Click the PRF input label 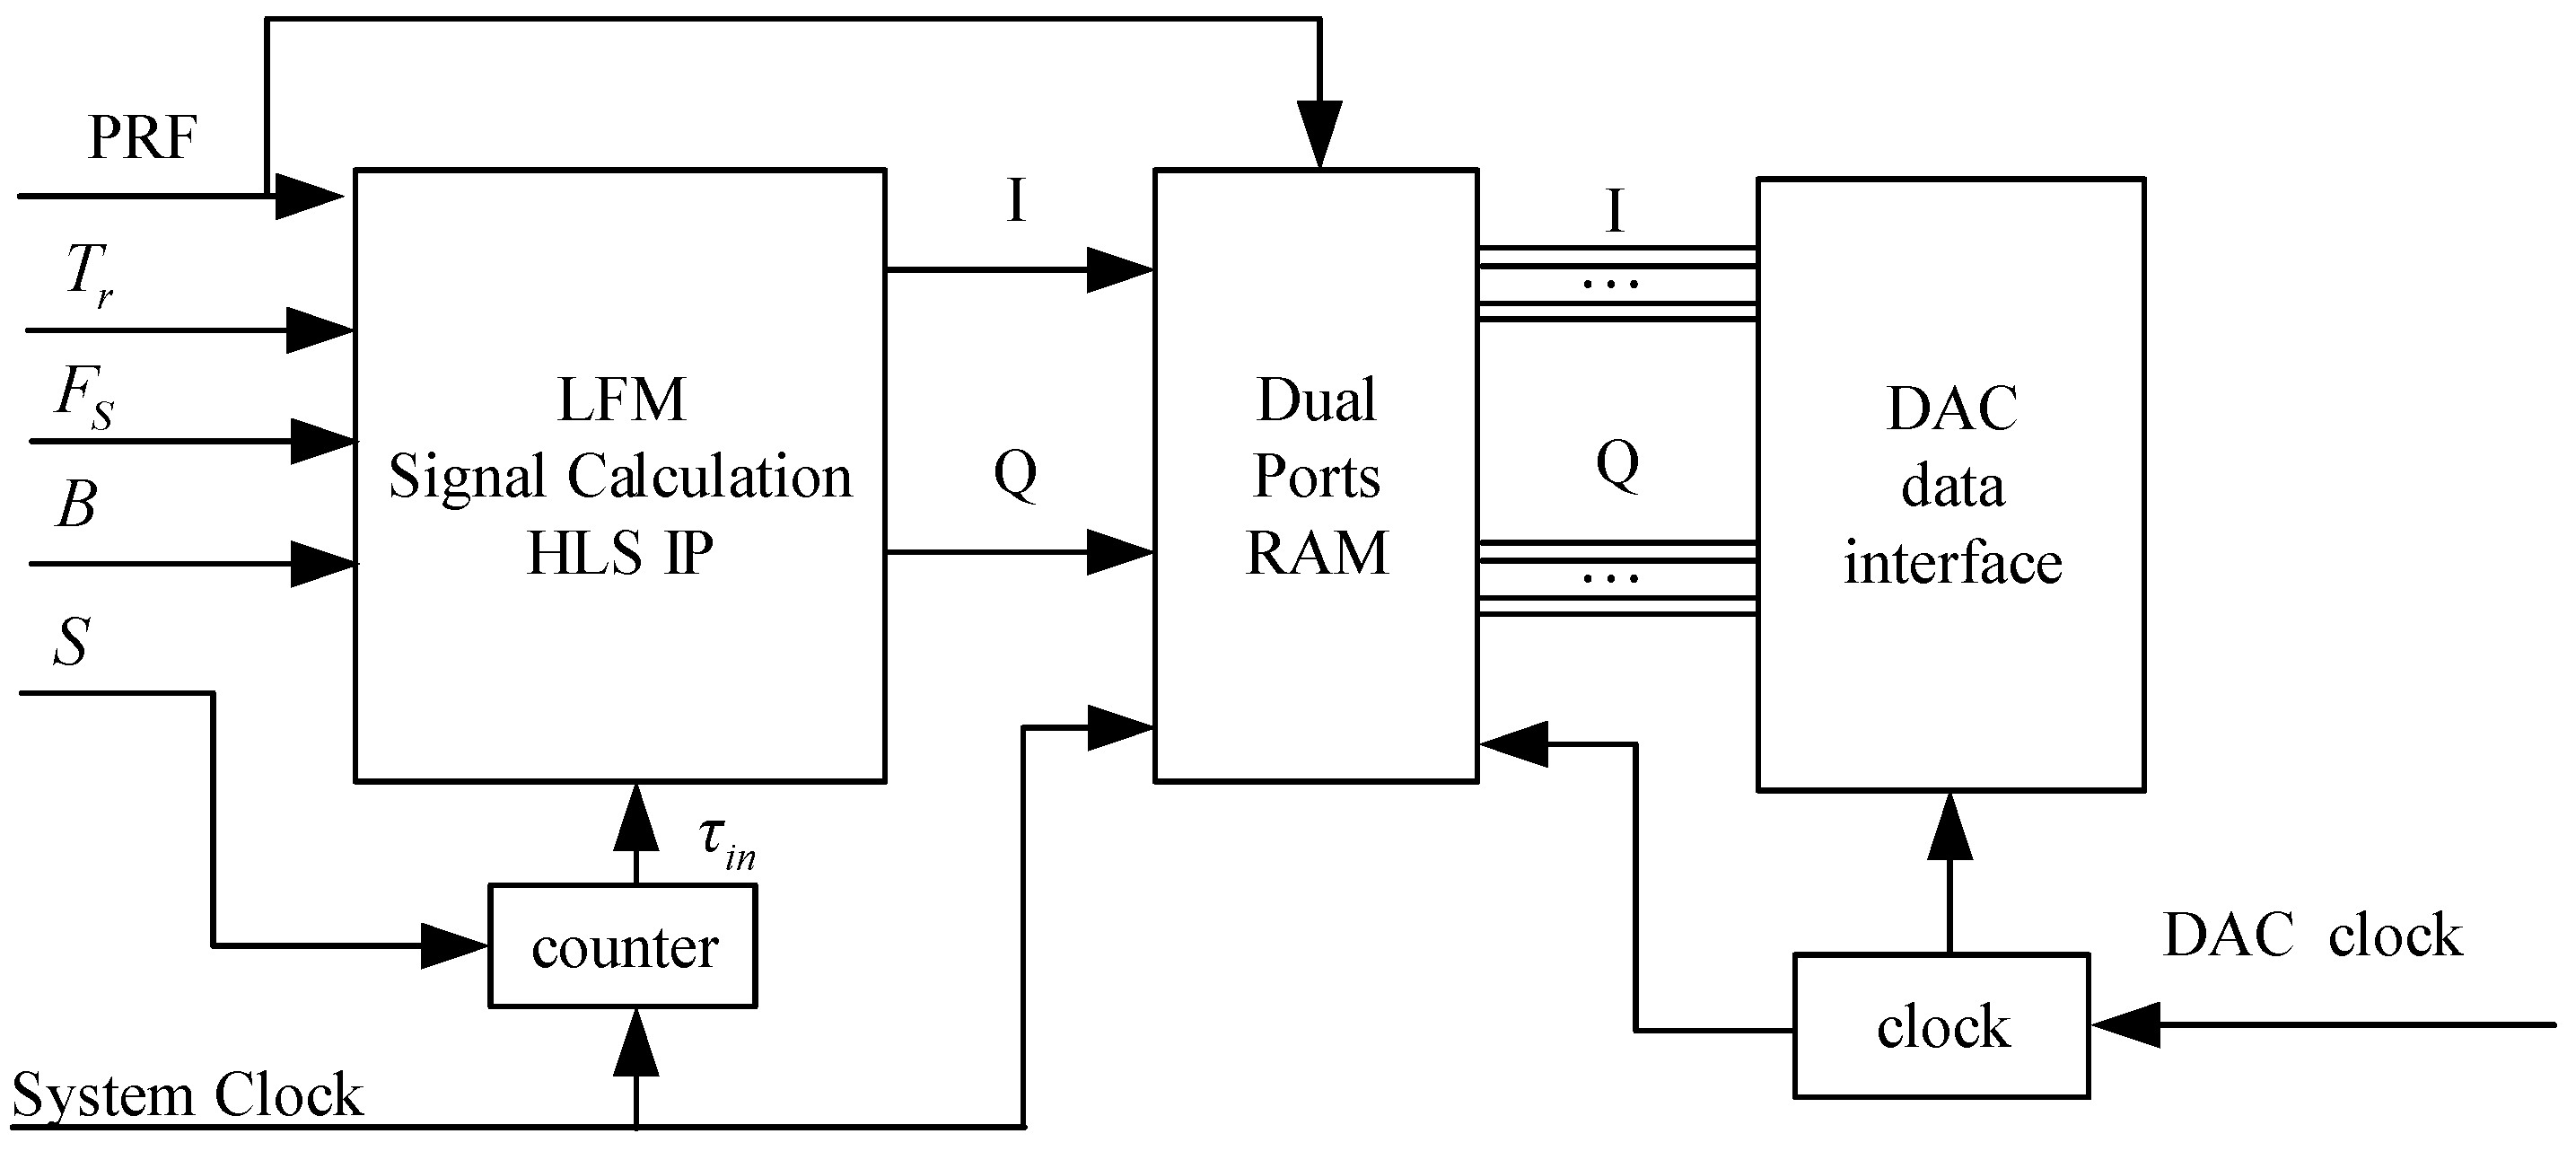click(x=142, y=137)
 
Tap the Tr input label click(x=88, y=273)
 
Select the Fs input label click(x=84, y=397)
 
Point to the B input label click(x=75, y=505)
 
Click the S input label click(x=72, y=642)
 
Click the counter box click(x=623, y=945)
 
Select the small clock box click(x=1941, y=1026)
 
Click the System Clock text click(x=188, y=1095)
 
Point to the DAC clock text click(x=2312, y=936)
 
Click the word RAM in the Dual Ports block click(x=1317, y=553)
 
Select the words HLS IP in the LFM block click(x=620, y=553)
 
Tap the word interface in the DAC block click(x=1952, y=563)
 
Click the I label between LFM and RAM click(x=1015, y=200)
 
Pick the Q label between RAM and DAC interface click(x=1616, y=463)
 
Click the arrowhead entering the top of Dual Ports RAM click(x=1319, y=135)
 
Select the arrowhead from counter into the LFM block click(x=635, y=817)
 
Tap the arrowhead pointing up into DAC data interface click(x=1949, y=827)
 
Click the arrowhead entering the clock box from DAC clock click(x=2125, y=1024)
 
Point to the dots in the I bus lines click(x=1610, y=284)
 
